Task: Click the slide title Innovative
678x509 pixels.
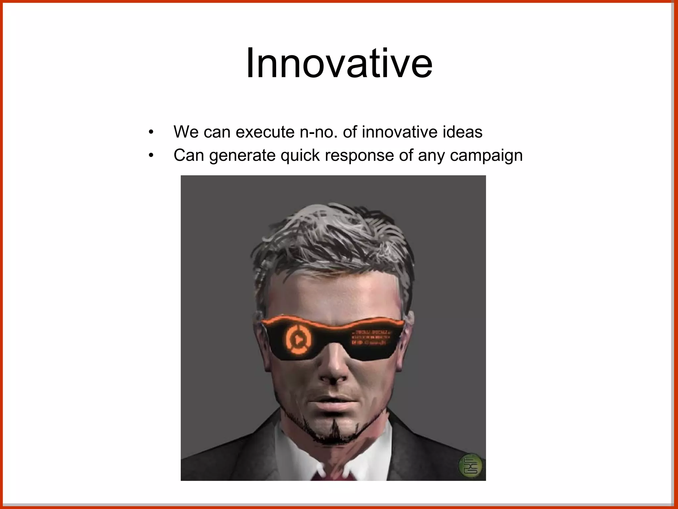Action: point(339,63)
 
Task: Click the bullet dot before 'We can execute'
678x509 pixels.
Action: point(151,132)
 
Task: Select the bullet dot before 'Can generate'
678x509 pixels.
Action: point(151,155)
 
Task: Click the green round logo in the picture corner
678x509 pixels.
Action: point(470,465)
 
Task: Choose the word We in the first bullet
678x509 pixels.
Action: point(186,132)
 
